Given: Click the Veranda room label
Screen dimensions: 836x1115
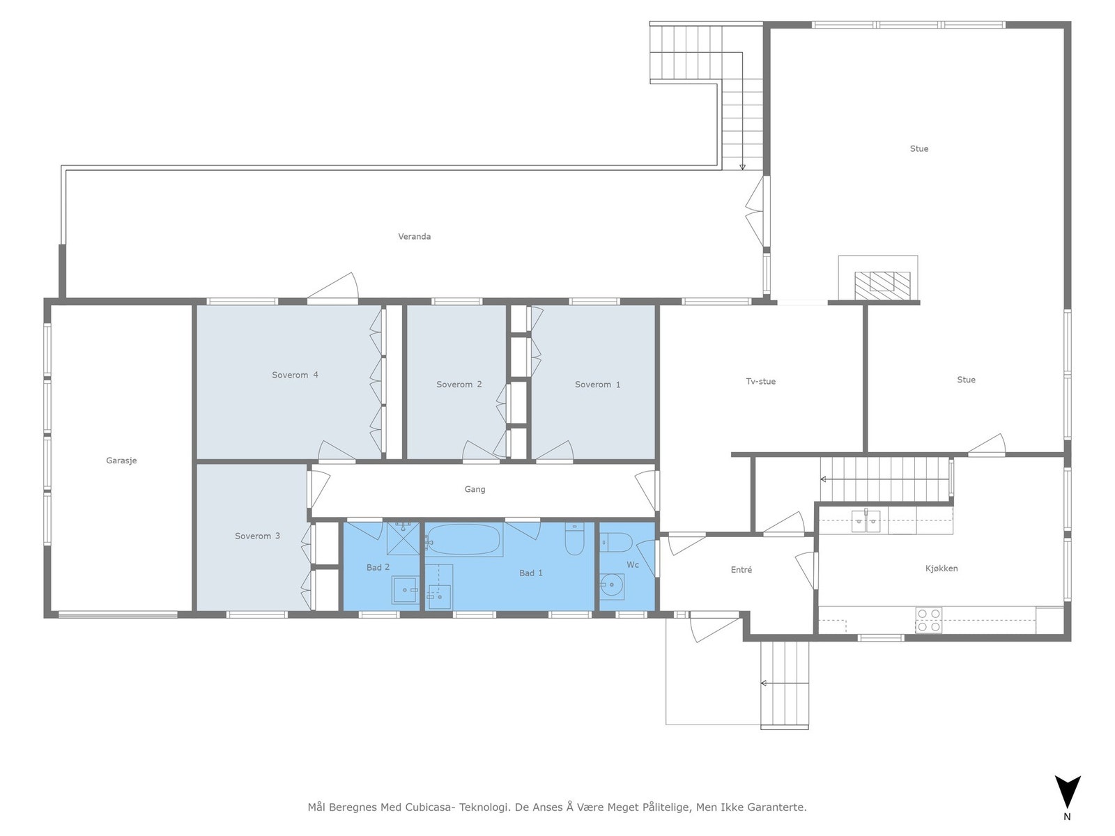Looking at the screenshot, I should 414,237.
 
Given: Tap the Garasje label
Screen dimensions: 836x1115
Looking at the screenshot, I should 121,460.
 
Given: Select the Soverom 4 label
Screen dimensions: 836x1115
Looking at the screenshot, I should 295,375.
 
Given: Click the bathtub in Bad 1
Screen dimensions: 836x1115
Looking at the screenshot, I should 464,539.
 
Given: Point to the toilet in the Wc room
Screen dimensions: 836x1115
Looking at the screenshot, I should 615,541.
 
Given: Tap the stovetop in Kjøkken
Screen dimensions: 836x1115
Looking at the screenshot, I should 928,620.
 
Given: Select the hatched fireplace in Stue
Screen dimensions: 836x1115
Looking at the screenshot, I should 882,281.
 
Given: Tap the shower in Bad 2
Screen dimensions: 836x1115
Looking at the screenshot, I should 403,538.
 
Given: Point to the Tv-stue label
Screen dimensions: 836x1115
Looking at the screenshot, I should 760,382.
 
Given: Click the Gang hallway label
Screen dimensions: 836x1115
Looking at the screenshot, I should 475,490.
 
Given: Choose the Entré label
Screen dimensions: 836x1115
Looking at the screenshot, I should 741,570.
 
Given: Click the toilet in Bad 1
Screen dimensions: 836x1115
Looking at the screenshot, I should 574,539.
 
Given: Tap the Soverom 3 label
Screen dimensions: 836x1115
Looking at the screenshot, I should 257,536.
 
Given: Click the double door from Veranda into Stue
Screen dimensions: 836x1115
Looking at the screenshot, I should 755,210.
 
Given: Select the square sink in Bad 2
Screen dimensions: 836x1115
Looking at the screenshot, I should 404,589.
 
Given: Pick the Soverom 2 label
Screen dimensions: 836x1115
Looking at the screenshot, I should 459,385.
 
